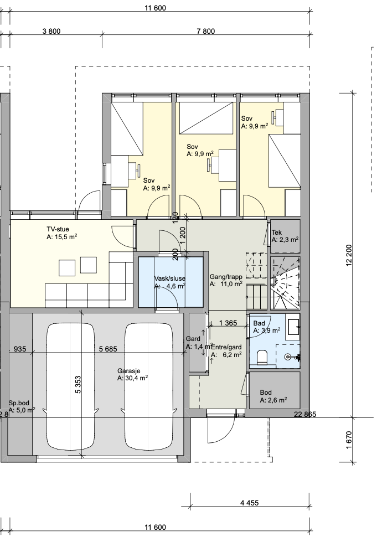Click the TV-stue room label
click(x=58, y=229)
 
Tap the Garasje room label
click(x=129, y=371)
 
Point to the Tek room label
click(x=277, y=233)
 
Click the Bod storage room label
click(x=266, y=393)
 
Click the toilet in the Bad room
click(x=263, y=357)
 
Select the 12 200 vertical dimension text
click(x=349, y=255)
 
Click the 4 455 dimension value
click(x=250, y=503)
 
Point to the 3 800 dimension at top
click(x=51, y=31)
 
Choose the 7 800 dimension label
click(x=206, y=31)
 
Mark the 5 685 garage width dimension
click(x=108, y=349)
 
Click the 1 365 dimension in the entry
click(x=228, y=323)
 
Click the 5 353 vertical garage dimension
click(x=78, y=385)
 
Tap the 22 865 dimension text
click(x=305, y=415)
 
